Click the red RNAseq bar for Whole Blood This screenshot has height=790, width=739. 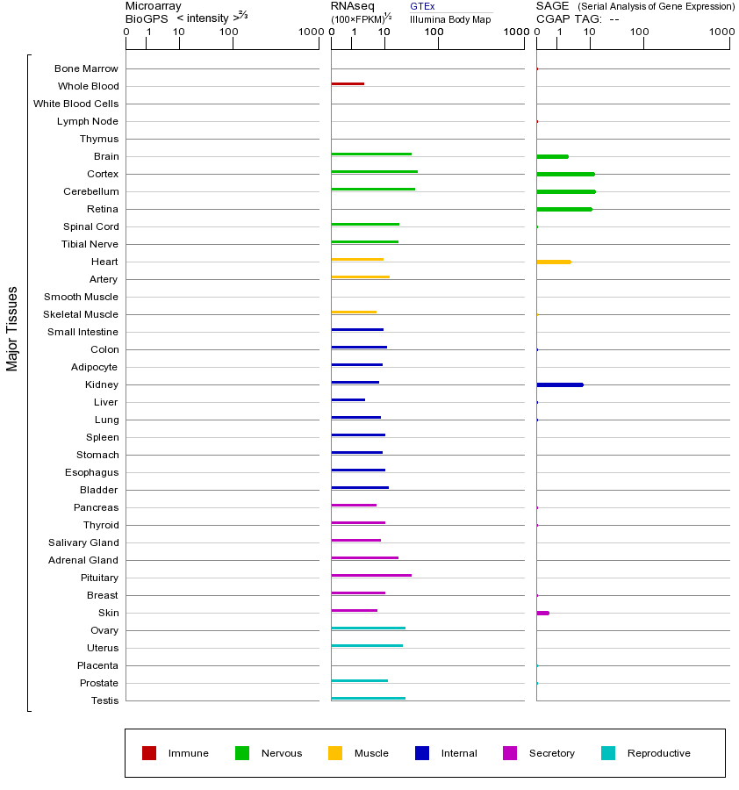[x=348, y=84]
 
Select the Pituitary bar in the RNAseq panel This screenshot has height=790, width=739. [x=371, y=576]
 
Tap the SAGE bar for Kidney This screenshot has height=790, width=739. [x=559, y=384]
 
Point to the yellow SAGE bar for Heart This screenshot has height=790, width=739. [x=553, y=262]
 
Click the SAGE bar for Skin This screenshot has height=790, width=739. [x=542, y=613]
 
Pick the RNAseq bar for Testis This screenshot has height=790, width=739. [x=368, y=699]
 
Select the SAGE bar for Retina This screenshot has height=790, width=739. [x=563, y=209]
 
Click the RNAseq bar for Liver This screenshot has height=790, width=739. [x=348, y=400]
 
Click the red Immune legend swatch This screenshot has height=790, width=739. [x=149, y=753]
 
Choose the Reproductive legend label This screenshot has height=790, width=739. [x=658, y=753]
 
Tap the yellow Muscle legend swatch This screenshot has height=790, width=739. [x=335, y=753]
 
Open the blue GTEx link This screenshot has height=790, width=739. [x=422, y=6]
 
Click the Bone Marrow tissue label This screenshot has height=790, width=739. [x=86, y=68]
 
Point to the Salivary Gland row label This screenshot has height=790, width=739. [x=83, y=542]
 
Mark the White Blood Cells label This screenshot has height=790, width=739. [x=75, y=104]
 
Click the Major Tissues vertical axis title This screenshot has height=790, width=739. [x=12, y=328]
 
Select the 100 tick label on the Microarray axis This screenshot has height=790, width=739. [x=228, y=32]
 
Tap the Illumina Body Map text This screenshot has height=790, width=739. [x=450, y=19]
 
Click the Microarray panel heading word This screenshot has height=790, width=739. [x=154, y=6]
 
